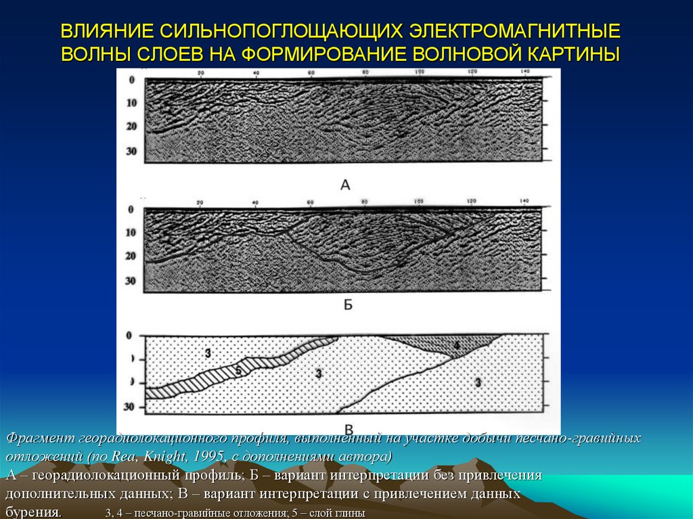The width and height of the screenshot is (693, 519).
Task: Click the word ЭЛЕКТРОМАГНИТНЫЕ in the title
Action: click(515, 32)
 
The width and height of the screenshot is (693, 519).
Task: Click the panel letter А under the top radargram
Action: click(345, 184)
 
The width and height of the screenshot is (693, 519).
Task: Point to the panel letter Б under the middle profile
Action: click(348, 305)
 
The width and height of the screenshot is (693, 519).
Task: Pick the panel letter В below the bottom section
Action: click(349, 428)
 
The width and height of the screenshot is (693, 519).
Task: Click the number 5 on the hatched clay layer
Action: click(238, 370)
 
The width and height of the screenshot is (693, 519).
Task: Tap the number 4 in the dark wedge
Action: click(456, 346)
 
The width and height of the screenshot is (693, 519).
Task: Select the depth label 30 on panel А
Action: click(131, 151)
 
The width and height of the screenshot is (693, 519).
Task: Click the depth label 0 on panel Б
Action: click(131, 210)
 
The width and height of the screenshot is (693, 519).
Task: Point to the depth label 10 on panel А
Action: click(131, 104)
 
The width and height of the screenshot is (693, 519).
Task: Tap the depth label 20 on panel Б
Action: click(131, 256)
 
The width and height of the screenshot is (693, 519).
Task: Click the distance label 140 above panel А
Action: click(524, 72)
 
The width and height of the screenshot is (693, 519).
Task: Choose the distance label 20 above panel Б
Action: click(200, 202)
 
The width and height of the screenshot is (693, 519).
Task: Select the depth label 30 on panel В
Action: click(131, 407)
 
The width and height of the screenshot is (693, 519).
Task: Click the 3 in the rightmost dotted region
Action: click(478, 383)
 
